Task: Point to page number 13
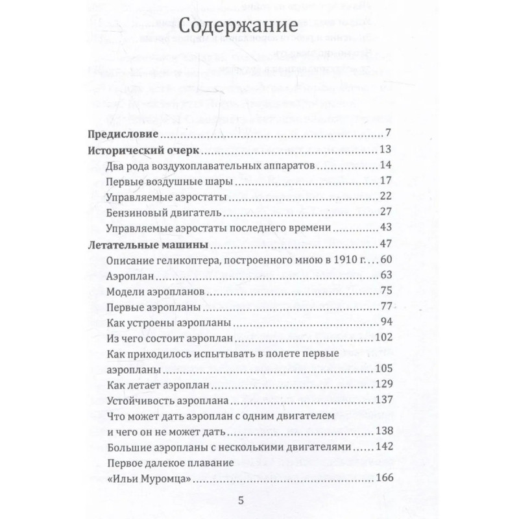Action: point(382,151)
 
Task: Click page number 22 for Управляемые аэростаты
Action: point(382,198)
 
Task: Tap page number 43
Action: point(382,229)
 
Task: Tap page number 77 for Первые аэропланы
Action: point(382,308)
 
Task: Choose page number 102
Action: point(380,339)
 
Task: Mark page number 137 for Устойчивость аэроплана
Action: point(380,401)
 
